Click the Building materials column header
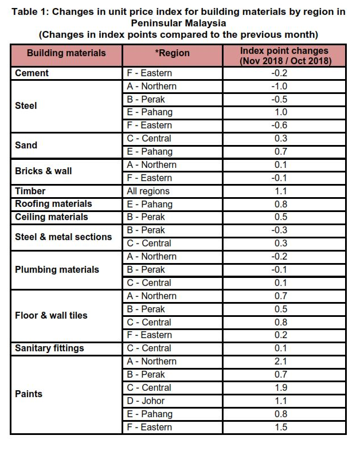point(66,53)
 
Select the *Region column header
point(172,53)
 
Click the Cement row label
point(32,73)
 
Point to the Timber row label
point(30,191)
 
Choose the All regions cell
point(148,191)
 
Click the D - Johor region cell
point(146,401)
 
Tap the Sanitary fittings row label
point(49,348)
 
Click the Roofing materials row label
point(53,204)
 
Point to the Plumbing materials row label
point(57,270)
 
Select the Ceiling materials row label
point(52,217)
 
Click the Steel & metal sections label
point(64,237)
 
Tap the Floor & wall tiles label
point(51,316)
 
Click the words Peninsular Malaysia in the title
point(178,23)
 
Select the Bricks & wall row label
point(44,171)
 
